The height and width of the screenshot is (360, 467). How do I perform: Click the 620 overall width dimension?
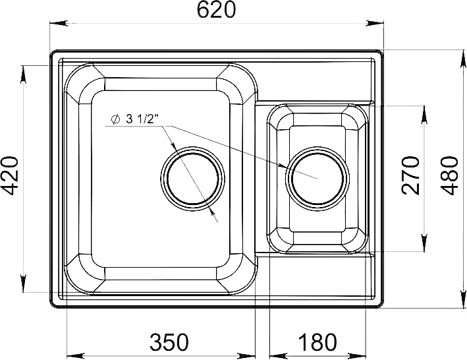coord(216,9)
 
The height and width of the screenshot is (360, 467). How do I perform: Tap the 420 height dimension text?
coord(10,175)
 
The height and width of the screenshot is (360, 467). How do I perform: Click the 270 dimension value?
coord(410,175)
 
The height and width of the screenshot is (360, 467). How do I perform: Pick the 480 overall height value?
coord(449,175)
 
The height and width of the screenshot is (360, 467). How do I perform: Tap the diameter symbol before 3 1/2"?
coord(115,119)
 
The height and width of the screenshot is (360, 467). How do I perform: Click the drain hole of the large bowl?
coord(192,178)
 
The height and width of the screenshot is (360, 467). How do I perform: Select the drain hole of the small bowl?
coord(317,178)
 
